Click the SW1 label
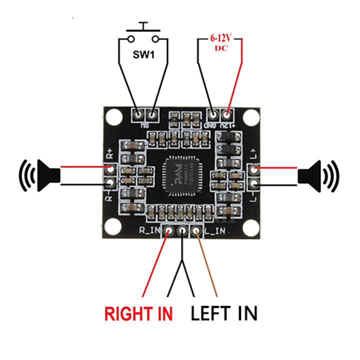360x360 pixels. (143, 53)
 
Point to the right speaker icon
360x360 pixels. (318, 176)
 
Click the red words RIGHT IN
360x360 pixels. (138, 314)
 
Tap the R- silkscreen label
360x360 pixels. (109, 196)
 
